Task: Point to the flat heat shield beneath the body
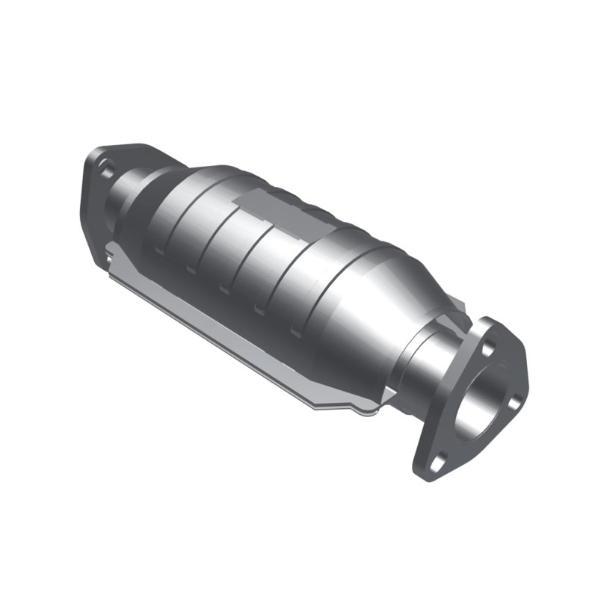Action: pos(224,329)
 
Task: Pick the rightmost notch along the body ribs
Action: pos(296,330)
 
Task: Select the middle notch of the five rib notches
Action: pos(224,289)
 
